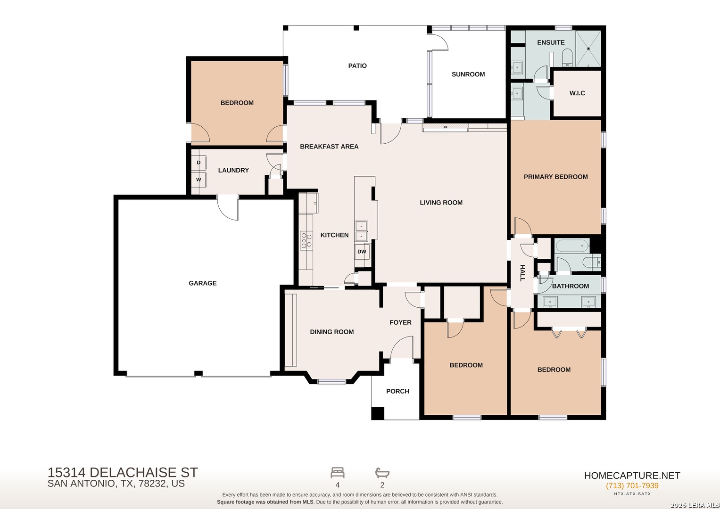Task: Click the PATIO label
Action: tap(357, 66)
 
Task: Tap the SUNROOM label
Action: tap(468, 74)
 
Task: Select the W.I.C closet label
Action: tap(577, 93)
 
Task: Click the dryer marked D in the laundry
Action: tap(199, 163)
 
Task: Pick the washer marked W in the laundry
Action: tap(199, 180)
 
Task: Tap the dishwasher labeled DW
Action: tap(362, 252)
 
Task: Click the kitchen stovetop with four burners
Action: tap(306, 241)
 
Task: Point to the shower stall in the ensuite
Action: tap(588, 49)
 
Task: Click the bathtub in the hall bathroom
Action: tap(573, 246)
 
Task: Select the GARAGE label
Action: tap(202, 283)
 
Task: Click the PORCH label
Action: tap(397, 391)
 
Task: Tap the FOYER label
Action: tap(400, 322)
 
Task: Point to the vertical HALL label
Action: tap(522, 273)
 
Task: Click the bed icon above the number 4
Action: tap(338, 473)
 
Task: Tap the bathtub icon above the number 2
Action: tap(382, 473)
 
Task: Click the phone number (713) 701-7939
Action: tap(632, 485)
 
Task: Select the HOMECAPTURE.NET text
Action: tap(632, 475)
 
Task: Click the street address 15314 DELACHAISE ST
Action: tap(123, 472)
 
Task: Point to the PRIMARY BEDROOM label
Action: tap(556, 177)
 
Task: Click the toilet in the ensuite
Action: tap(567, 58)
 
